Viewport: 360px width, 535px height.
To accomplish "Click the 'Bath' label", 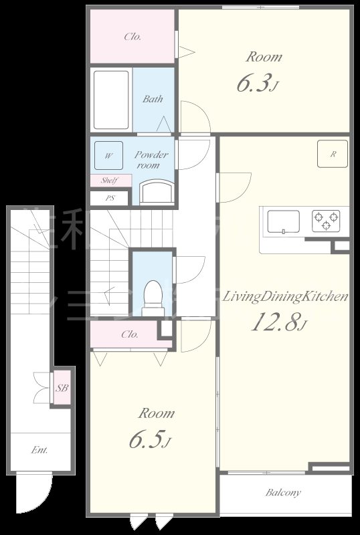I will (x=153, y=99).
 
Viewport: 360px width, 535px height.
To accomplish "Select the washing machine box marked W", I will (x=108, y=156).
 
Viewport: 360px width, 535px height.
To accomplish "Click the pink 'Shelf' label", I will (x=109, y=181).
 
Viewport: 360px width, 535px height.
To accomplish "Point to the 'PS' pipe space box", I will (x=110, y=198).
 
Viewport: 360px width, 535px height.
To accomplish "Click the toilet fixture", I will (x=153, y=296).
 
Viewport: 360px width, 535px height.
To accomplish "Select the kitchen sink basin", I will (x=284, y=221).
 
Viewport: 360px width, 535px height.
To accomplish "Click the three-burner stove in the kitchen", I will (x=325, y=220).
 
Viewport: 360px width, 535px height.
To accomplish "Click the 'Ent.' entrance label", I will (x=39, y=450).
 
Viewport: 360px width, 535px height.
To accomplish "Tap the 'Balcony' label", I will (x=282, y=493).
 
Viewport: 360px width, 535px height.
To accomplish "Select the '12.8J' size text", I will (x=278, y=323).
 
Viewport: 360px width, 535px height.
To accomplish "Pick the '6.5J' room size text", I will (x=150, y=441).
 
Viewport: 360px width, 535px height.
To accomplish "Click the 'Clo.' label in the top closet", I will (x=132, y=37).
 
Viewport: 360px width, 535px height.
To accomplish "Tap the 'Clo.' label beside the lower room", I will (x=130, y=334).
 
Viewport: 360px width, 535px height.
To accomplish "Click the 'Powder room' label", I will (x=152, y=160).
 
